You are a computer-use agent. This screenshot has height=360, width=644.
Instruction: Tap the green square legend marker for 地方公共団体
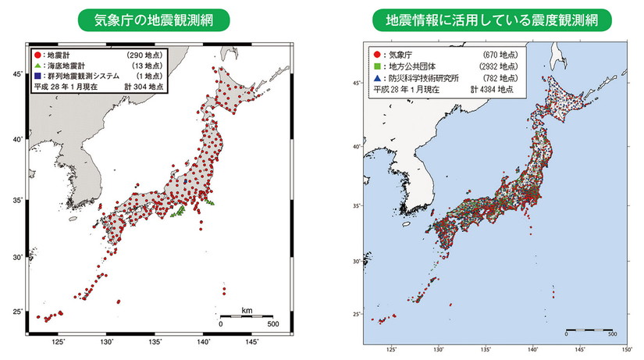click(x=377, y=68)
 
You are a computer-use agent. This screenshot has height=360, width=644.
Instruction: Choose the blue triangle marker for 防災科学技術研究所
click(x=377, y=79)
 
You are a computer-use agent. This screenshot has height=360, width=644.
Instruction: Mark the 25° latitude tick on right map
click(x=356, y=314)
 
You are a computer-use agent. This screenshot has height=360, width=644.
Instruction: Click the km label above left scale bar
click(x=247, y=310)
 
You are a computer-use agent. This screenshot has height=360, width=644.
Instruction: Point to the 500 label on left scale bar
click(x=272, y=323)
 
